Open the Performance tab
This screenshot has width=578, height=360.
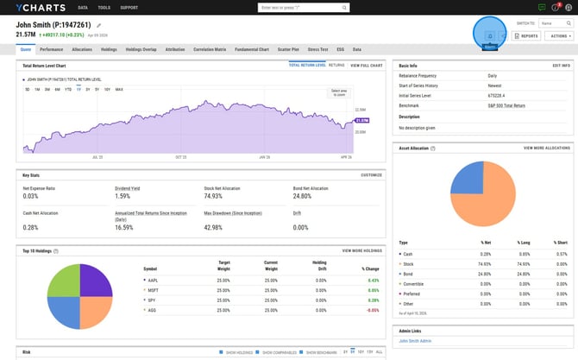click(51, 50)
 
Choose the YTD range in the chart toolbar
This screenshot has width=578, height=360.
click(69, 89)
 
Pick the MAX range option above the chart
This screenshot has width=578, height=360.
click(119, 89)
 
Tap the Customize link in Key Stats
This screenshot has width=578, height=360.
click(371, 175)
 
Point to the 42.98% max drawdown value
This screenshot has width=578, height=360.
click(214, 227)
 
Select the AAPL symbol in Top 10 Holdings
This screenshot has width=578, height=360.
click(152, 280)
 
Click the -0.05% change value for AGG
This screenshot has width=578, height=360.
click(373, 309)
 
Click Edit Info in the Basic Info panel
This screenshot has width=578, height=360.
click(561, 66)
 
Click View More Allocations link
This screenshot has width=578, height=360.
click(546, 148)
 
